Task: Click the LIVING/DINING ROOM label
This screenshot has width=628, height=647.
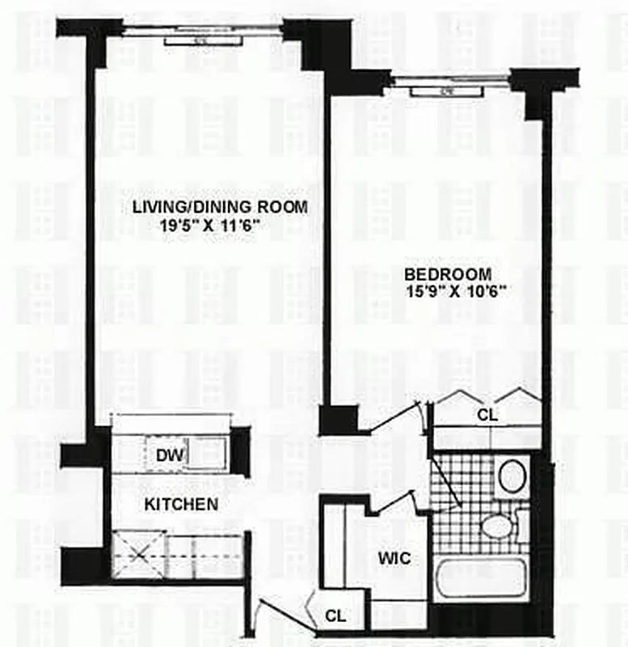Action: pos(220,207)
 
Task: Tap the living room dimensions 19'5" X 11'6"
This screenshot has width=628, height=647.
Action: pos(214,226)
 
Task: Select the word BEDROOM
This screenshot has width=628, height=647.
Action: pos(449,273)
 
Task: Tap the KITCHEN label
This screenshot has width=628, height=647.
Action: pos(181,505)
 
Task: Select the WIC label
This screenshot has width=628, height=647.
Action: pos(394,559)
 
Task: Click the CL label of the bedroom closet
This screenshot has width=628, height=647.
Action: pos(487,415)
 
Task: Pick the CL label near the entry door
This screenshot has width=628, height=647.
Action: pos(335,615)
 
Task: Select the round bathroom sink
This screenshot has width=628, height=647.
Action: pos(512,476)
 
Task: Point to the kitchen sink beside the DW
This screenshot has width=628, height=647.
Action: pos(206,454)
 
